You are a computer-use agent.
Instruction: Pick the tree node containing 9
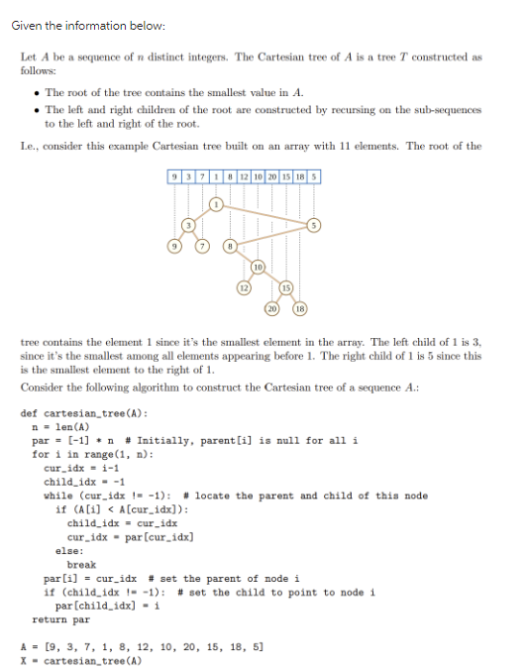[x=176, y=244]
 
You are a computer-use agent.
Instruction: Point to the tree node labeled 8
[x=230, y=244]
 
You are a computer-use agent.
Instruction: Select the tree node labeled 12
[x=243, y=287]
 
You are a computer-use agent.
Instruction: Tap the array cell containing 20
[x=270, y=176]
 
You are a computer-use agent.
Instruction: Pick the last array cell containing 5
[x=315, y=176]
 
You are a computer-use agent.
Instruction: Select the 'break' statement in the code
[x=81, y=564]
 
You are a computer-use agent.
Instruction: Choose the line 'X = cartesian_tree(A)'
[x=82, y=659]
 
